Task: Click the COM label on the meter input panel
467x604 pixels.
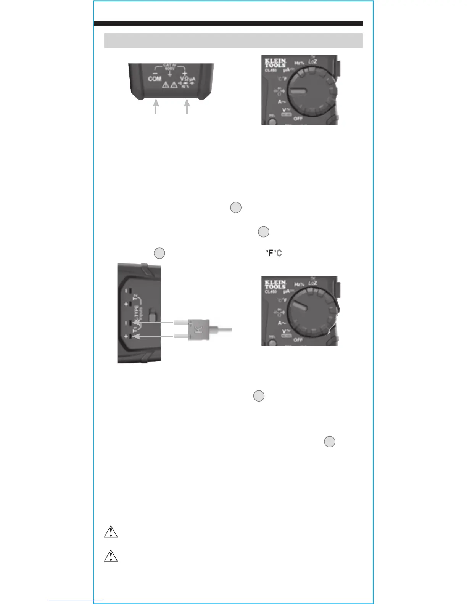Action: point(155,79)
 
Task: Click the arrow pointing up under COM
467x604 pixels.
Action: point(156,106)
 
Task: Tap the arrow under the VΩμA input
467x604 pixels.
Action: point(187,106)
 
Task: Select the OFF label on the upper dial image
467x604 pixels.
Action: point(298,119)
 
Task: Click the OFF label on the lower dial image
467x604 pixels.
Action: point(298,340)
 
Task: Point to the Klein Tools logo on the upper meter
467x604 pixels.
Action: point(275,63)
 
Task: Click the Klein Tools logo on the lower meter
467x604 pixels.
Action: point(275,284)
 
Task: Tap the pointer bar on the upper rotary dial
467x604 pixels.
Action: point(299,92)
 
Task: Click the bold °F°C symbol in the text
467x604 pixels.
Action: point(274,253)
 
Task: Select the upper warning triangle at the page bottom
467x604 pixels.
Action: point(111,532)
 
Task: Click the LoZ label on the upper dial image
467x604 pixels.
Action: point(312,61)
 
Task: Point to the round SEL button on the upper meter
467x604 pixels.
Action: point(272,122)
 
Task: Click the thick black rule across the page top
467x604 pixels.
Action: point(228,23)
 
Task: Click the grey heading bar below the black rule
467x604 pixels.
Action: point(233,40)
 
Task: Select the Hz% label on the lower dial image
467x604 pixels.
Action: point(299,284)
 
